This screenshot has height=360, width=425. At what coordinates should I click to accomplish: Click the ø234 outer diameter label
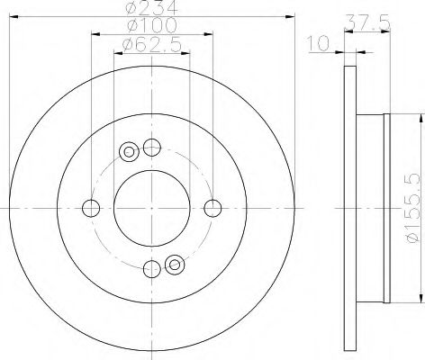(149, 8)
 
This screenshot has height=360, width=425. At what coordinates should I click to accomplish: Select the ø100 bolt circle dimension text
(149, 27)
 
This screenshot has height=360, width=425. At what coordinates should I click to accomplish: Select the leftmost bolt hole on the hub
(90, 208)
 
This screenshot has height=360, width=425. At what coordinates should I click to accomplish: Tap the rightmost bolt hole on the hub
(212, 208)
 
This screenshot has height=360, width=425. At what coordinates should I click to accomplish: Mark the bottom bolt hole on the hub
(151, 267)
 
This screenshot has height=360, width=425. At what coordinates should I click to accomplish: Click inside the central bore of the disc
(151, 208)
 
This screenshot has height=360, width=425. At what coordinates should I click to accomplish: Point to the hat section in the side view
(371, 208)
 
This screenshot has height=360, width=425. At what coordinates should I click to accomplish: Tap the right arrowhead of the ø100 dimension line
(212, 34)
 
